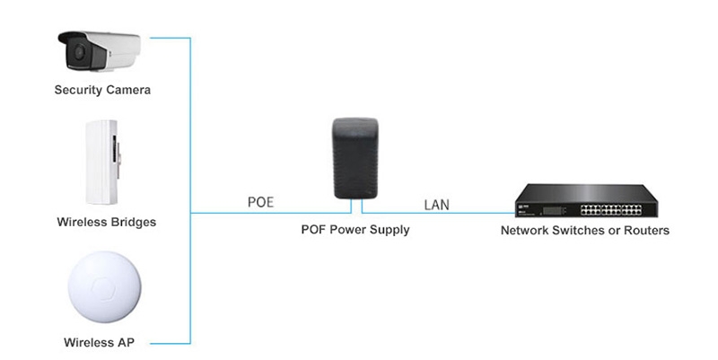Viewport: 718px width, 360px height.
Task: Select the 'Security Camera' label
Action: tap(102, 90)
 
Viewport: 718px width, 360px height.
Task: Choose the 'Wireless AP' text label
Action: tap(101, 342)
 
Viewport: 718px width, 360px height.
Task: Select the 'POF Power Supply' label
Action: tap(355, 230)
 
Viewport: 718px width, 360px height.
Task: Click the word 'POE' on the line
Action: tap(260, 203)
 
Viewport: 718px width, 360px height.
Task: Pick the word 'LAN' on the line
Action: tap(436, 204)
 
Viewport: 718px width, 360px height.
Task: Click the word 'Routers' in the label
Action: tap(646, 231)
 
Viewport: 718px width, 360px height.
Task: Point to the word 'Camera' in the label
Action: tap(127, 90)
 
